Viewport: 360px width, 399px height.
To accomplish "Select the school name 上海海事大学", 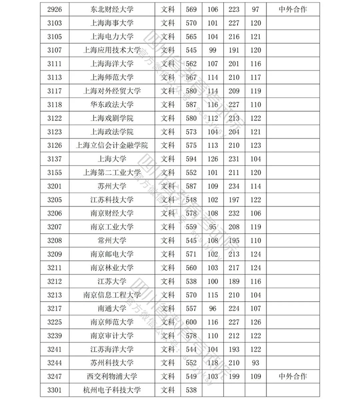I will tap(112, 23).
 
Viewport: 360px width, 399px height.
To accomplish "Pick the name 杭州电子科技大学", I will tap(112, 390).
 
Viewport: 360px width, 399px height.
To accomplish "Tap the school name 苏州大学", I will tap(112, 186).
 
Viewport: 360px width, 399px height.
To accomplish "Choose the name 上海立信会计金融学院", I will tap(112, 145).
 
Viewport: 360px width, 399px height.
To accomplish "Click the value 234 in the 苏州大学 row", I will tap(234, 186).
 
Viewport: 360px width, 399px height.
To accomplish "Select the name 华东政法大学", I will tap(112, 105).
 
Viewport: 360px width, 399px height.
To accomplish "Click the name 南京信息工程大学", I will tap(112, 294).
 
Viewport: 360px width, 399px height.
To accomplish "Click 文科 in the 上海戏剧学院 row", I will tap(168, 118).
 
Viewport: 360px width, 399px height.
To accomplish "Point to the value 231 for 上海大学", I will tap(234, 159).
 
